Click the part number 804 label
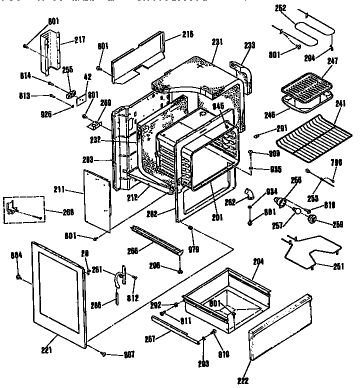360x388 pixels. pos(17,255)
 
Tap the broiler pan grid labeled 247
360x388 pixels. pos(306,82)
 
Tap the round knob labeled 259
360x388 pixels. pos(313,220)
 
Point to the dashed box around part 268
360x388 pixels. pos(25,210)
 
